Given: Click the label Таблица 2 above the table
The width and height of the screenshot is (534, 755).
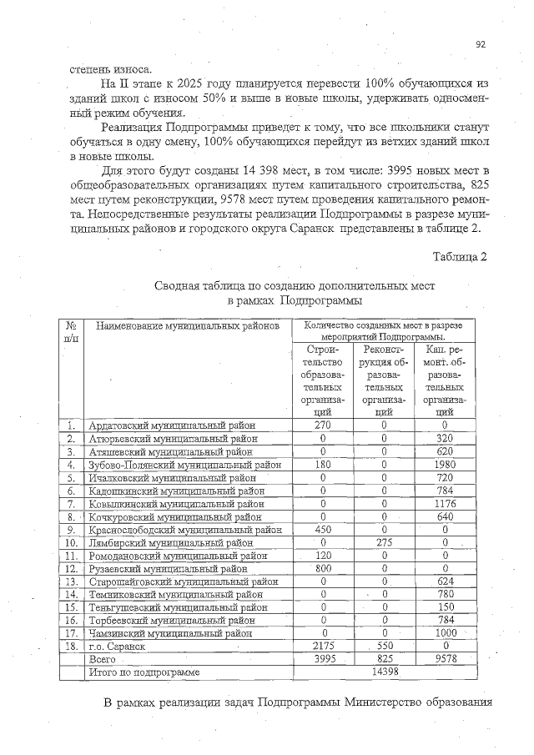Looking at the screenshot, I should click(x=459, y=255).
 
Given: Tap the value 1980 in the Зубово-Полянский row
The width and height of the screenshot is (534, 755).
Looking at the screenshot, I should click(x=444, y=465).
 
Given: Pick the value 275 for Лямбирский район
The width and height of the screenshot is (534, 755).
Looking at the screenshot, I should click(x=384, y=542).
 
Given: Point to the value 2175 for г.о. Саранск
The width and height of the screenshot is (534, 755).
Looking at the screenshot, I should click(x=322, y=646).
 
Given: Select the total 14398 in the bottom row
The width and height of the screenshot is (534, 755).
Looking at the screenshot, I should click(x=384, y=672).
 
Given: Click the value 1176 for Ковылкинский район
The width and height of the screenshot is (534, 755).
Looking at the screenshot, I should click(x=444, y=503).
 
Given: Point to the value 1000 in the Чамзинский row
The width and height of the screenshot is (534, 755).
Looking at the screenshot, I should click(x=444, y=633).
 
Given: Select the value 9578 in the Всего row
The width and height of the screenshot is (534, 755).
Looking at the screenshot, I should click(x=444, y=659).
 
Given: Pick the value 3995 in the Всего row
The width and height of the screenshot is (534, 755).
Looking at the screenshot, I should click(x=322, y=659).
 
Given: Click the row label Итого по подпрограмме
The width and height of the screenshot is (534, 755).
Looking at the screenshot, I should click(x=144, y=672).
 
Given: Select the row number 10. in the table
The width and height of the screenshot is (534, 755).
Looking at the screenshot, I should click(x=72, y=542).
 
